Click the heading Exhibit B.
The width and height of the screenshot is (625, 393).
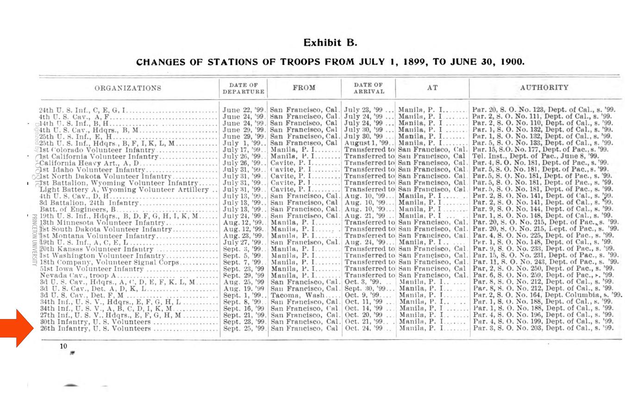pos(330,43)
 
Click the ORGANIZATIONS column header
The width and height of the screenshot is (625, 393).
pos(128,88)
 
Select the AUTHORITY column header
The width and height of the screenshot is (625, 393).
pos(544,87)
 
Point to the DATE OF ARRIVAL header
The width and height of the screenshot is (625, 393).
pos(368,88)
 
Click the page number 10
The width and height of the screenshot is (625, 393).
pos(63,346)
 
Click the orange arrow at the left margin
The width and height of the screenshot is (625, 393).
pos(18,328)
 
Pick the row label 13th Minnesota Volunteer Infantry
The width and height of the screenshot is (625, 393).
pos(102,223)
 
